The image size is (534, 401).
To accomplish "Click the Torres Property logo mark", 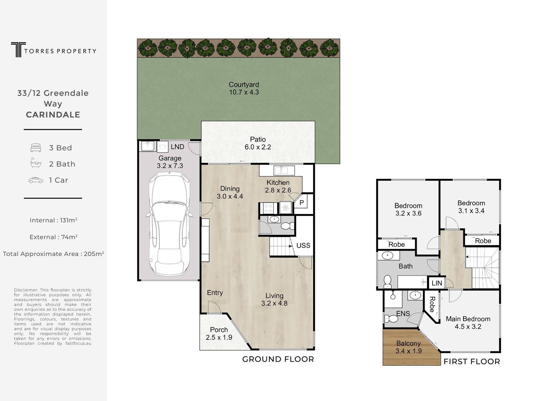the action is [x=18, y=50].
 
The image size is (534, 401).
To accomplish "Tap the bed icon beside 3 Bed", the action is [x=36, y=148].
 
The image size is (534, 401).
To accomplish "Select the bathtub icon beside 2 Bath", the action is [x=36, y=163].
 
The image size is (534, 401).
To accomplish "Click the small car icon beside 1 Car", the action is [x=36, y=180].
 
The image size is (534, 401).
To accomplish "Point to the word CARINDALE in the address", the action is [x=53, y=115].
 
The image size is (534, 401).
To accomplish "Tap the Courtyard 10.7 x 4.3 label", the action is [x=244, y=88].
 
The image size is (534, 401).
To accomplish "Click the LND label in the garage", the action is [x=177, y=147].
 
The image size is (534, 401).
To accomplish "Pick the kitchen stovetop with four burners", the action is [x=269, y=208].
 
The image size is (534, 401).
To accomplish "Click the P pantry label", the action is [x=302, y=203].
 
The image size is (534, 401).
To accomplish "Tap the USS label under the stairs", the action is [x=303, y=246].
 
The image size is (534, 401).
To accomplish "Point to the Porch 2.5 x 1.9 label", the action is [x=219, y=334].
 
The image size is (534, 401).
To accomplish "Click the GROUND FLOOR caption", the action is [x=278, y=359].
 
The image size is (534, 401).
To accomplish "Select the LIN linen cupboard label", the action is [x=437, y=283].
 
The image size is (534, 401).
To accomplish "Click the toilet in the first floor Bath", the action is [x=387, y=281].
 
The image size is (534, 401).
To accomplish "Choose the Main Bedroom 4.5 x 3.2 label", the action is [x=468, y=323].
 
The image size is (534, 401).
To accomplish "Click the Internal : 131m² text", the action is [x=53, y=220].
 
